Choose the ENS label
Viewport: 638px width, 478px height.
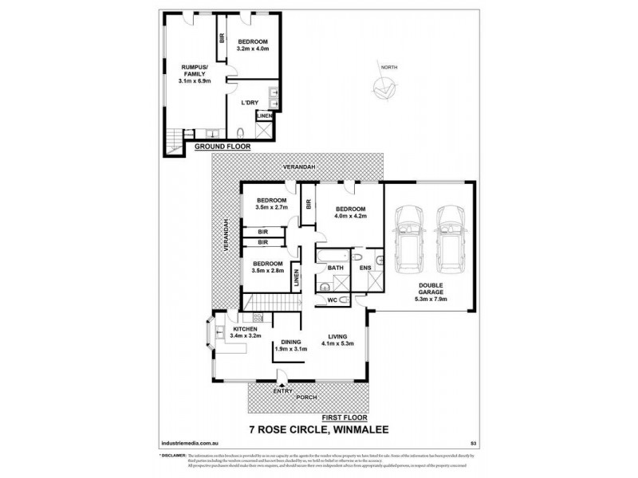point(364,268)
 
